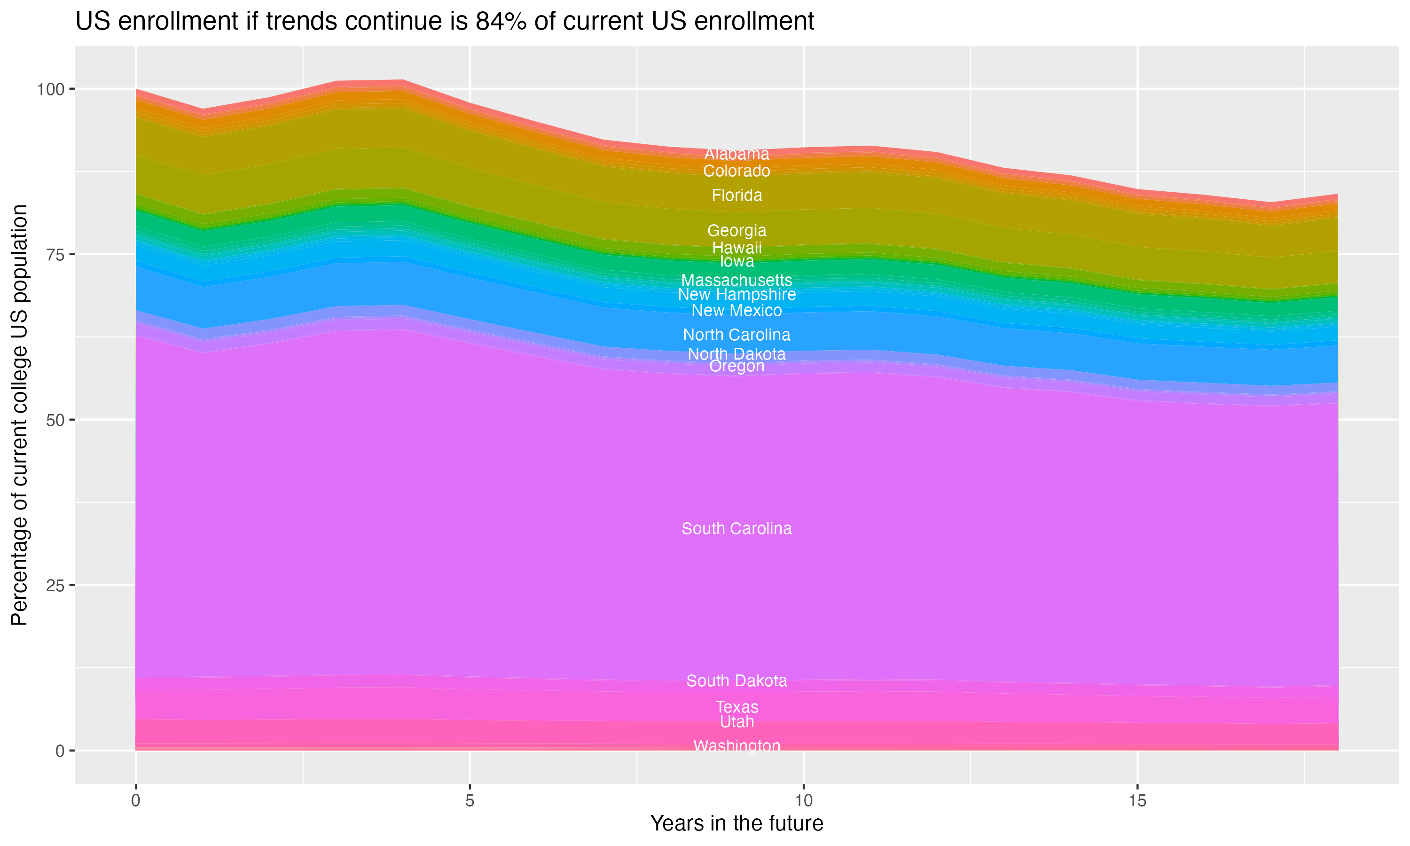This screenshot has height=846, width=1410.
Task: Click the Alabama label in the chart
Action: pos(736,154)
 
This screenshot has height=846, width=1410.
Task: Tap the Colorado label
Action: pos(736,171)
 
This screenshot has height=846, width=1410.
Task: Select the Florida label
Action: pos(736,196)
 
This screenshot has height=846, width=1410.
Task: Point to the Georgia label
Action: pos(736,230)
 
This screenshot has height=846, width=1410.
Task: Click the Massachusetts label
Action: pos(736,280)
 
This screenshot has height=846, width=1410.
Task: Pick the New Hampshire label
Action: pos(736,294)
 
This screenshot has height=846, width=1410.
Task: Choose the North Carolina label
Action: pos(736,335)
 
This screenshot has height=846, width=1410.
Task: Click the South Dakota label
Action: pos(736,681)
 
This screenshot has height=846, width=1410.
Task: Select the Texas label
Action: pos(736,707)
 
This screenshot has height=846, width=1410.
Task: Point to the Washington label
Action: pos(736,746)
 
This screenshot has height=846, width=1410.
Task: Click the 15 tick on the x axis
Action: pos(1137,801)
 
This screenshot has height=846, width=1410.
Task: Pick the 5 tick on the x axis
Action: pos(470,801)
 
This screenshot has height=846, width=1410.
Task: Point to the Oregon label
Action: pos(736,366)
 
